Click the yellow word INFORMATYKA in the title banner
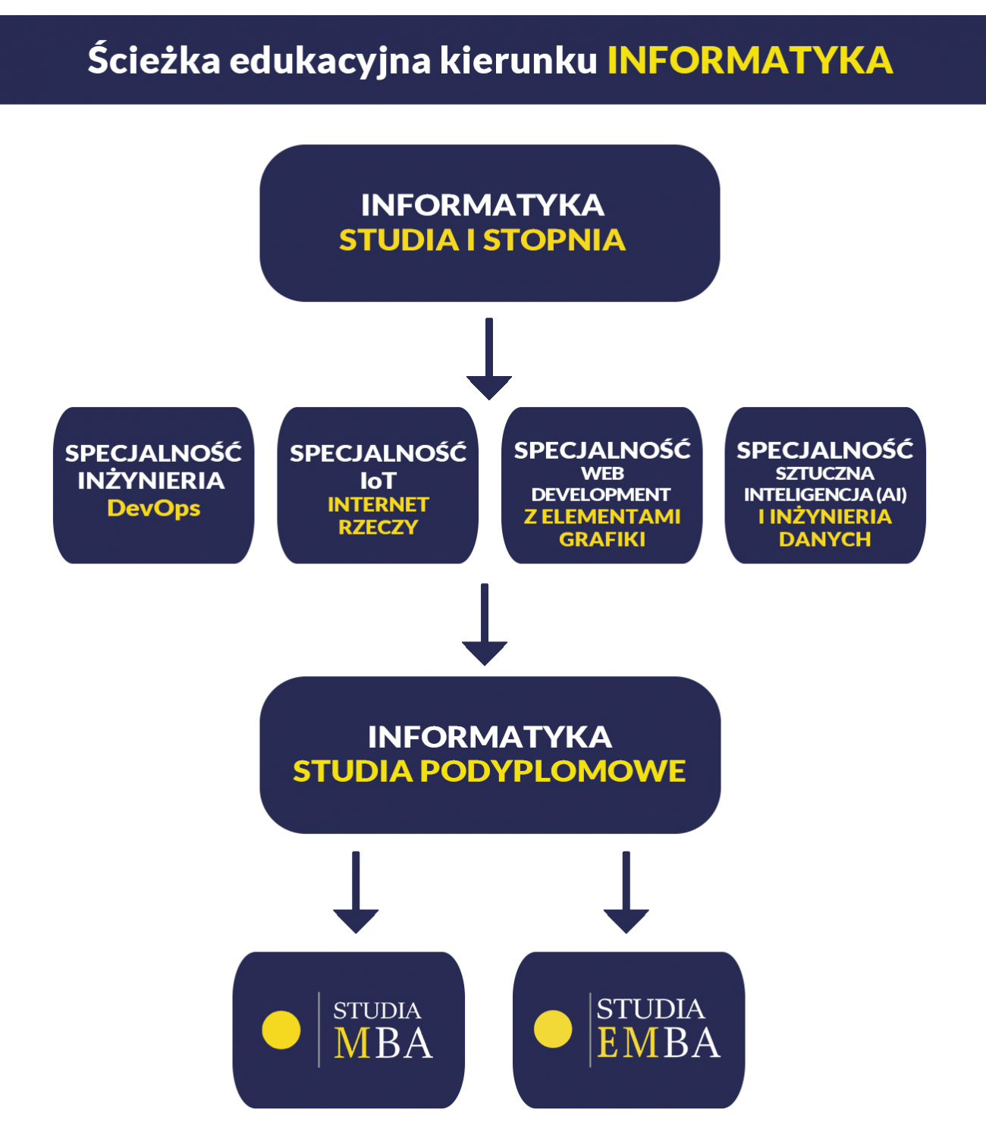[x=750, y=61]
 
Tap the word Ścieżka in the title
[x=154, y=58]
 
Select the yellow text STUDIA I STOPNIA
[x=482, y=240]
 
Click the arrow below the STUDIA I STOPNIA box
[x=489, y=359]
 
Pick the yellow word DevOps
[x=154, y=508]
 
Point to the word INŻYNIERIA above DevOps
[x=151, y=481]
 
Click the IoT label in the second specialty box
[x=378, y=481]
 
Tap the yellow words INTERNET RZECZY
[x=378, y=516]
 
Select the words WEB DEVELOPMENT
[x=601, y=484]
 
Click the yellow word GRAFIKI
[x=602, y=539]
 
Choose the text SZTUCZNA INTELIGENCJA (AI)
[x=825, y=484]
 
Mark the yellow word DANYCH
[x=824, y=539]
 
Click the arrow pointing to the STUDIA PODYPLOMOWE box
[x=485, y=624]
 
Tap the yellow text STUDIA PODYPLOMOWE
[x=489, y=771]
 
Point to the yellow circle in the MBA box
[x=281, y=1030]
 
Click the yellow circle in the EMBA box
[x=553, y=1029]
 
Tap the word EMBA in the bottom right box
[x=658, y=1043]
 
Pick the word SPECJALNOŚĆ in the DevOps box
[x=153, y=453]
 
